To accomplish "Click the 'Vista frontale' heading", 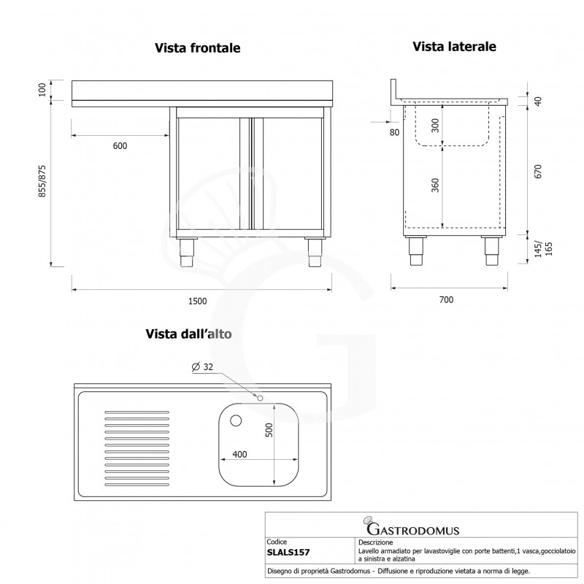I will [197, 48].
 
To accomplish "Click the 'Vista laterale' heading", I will [454, 47].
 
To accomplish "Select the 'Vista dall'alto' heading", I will [189, 334].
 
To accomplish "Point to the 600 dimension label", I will [120, 146].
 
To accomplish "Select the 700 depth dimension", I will [447, 300].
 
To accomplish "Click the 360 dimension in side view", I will [435, 186].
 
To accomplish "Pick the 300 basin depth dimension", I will [435, 126].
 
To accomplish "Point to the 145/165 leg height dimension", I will [539, 250].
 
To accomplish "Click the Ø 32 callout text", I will [202, 368].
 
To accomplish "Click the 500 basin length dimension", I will [268, 431].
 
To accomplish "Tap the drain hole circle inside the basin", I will [236, 420].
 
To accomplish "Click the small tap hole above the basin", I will [259, 397].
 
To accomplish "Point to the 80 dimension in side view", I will [395, 132].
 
